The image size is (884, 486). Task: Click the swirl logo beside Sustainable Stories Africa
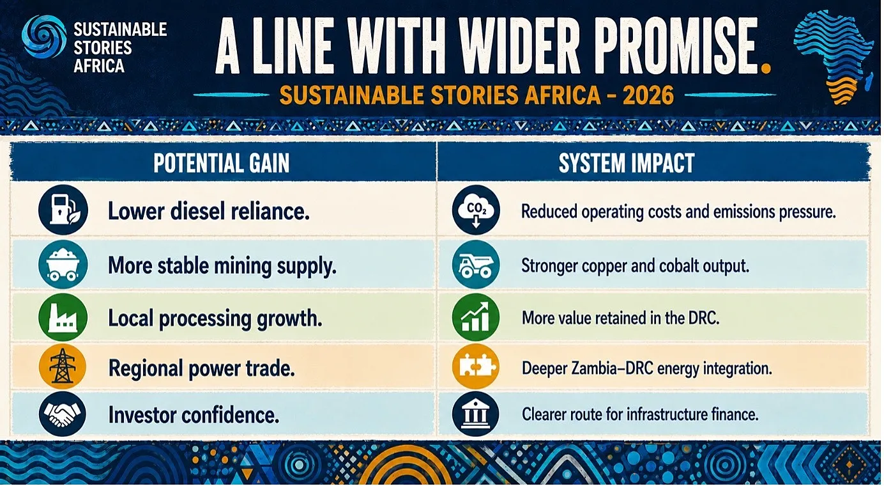(x=44, y=36)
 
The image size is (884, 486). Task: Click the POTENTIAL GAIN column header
(x=222, y=163)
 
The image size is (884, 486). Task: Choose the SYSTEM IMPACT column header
(x=627, y=163)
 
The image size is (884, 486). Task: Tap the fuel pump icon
(x=63, y=210)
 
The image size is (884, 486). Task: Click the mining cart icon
(x=63, y=264)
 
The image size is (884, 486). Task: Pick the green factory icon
(x=63, y=317)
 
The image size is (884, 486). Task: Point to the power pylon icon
(x=63, y=366)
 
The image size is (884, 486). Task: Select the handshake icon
(x=63, y=414)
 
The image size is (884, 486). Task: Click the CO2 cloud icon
(x=476, y=210)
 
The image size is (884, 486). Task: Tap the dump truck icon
(x=476, y=264)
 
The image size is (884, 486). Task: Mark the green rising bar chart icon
(x=476, y=317)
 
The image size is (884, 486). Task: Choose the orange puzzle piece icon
(x=476, y=366)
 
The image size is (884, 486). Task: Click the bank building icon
(x=476, y=414)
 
